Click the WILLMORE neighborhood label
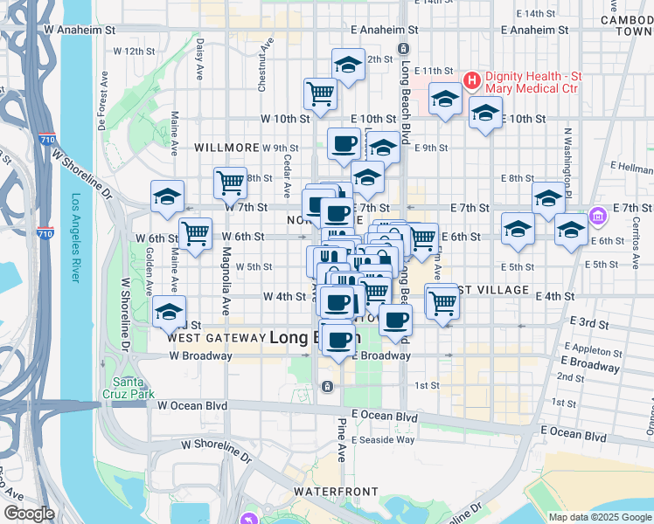[227, 148]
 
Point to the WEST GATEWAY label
[215, 337]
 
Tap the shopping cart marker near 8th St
[230, 183]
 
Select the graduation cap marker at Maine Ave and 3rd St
[169, 312]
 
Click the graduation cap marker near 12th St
[348, 65]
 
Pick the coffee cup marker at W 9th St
[344, 144]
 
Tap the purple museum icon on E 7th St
[598, 214]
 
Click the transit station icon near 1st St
[327, 386]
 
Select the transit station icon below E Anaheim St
[402, 48]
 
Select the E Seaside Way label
[383, 438]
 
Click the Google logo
[29, 514]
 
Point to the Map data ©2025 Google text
[599, 517]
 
